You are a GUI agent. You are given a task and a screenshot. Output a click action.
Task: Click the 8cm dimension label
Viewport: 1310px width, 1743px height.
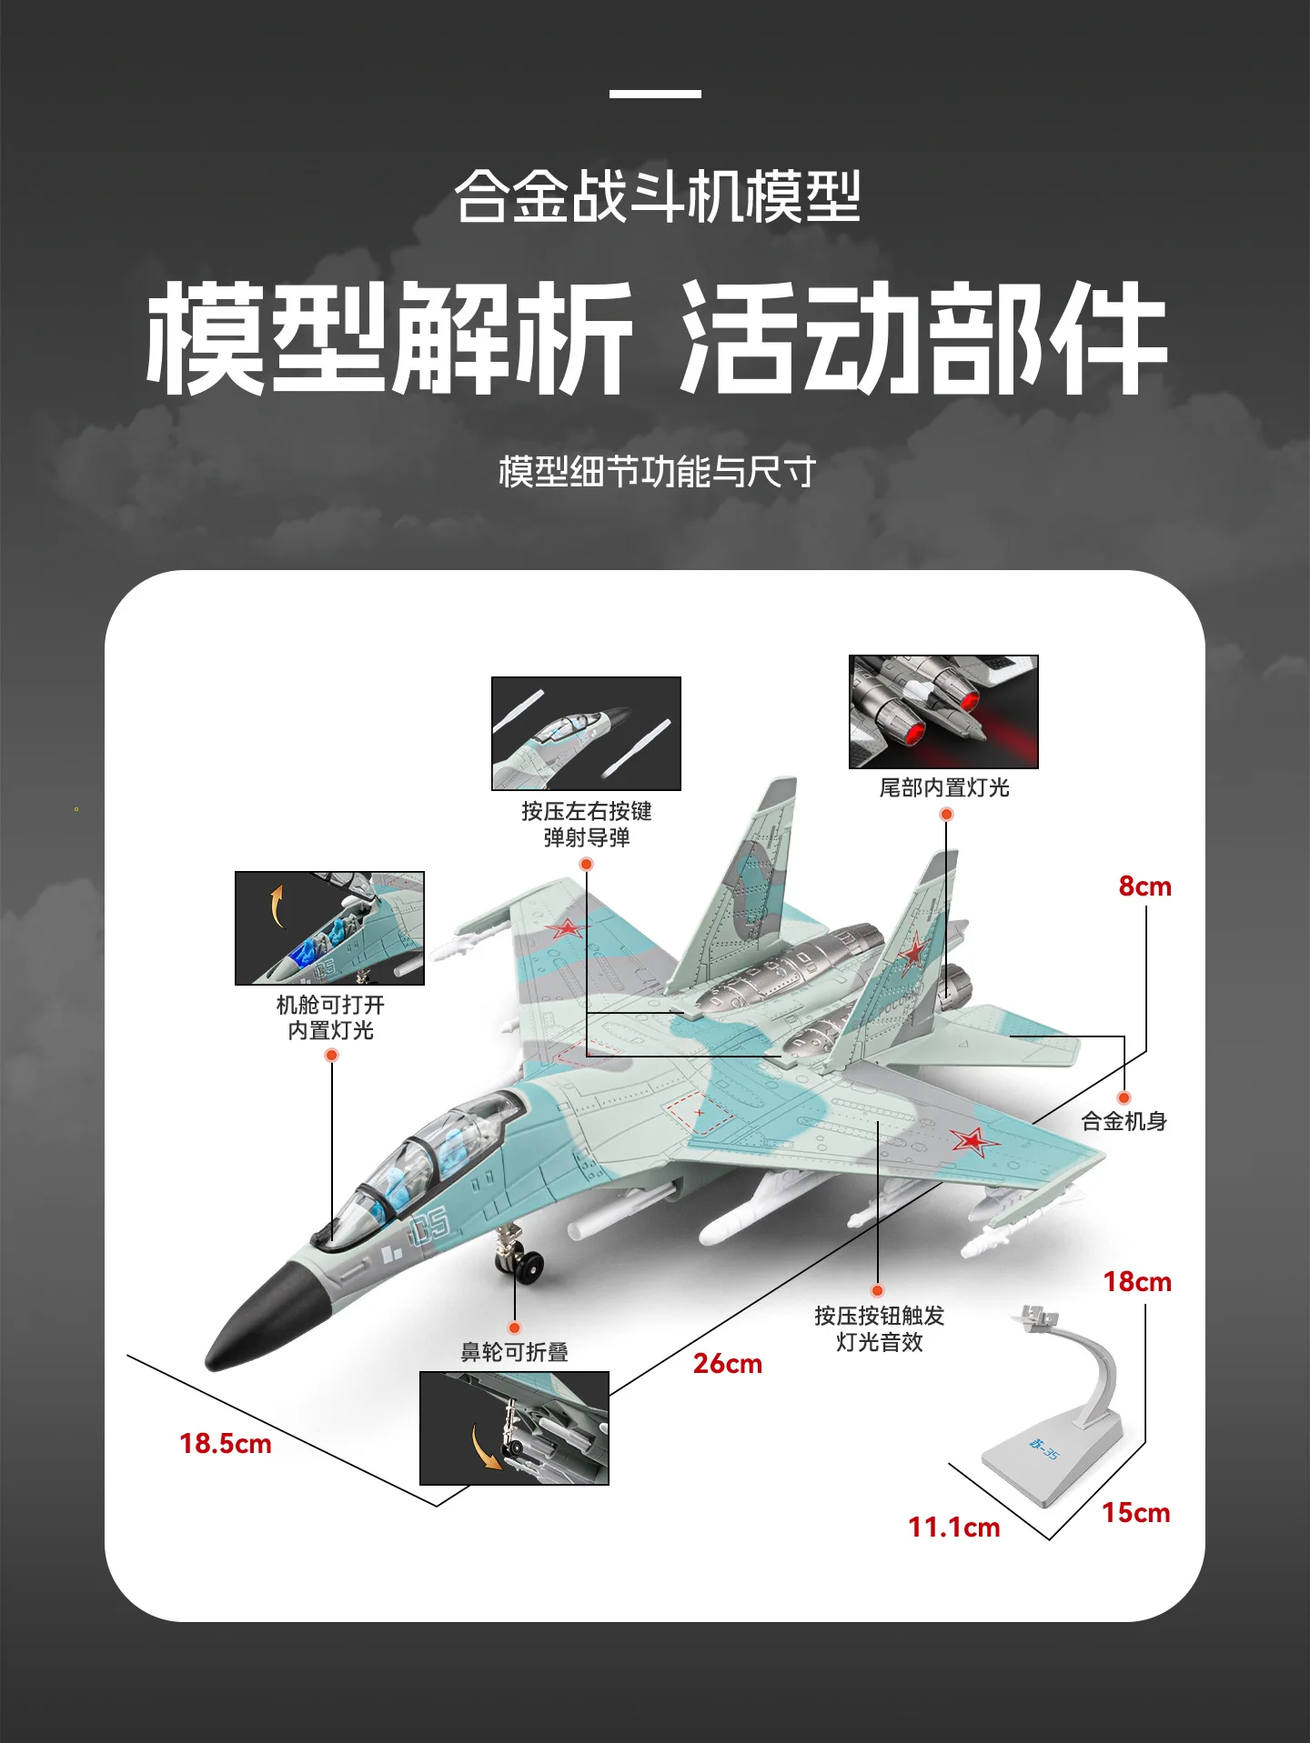[x=1144, y=887]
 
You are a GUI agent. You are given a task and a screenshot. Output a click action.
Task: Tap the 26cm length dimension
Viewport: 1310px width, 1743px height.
[x=728, y=1364]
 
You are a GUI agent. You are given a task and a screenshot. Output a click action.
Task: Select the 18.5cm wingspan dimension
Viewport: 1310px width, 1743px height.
[x=226, y=1444]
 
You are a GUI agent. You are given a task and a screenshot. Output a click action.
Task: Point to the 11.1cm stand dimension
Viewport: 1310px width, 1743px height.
[x=953, y=1528]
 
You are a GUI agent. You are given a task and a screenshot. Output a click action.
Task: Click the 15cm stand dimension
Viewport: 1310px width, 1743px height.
[x=1136, y=1513]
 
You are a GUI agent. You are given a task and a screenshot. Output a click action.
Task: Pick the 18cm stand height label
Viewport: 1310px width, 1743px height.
[x=1137, y=1282]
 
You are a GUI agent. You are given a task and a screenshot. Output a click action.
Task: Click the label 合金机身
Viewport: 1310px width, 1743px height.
[x=1124, y=1122]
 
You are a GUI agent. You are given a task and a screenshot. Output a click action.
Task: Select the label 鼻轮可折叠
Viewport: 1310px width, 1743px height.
[x=515, y=1352]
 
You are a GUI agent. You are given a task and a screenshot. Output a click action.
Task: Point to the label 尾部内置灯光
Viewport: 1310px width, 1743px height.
[x=944, y=787]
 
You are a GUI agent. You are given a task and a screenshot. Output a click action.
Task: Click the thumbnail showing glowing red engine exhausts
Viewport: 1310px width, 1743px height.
[x=943, y=712]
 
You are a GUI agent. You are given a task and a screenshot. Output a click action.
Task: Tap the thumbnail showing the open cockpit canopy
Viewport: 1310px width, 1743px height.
[x=329, y=928]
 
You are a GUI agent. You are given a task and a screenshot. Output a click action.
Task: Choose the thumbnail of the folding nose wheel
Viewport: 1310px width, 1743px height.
[x=514, y=1428]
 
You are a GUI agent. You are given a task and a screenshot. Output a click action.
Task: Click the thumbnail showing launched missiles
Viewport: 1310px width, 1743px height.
[x=586, y=734]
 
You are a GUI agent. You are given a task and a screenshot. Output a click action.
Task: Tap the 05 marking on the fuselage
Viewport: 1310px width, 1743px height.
[x=429, y=1225]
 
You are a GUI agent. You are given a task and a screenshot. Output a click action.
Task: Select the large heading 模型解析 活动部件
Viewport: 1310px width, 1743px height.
[x=656, y=337]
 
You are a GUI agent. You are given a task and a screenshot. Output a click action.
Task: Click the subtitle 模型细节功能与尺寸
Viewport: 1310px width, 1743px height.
[x=657, y=472]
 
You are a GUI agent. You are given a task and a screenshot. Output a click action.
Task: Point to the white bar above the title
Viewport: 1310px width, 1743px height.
[x=655, y=94]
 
